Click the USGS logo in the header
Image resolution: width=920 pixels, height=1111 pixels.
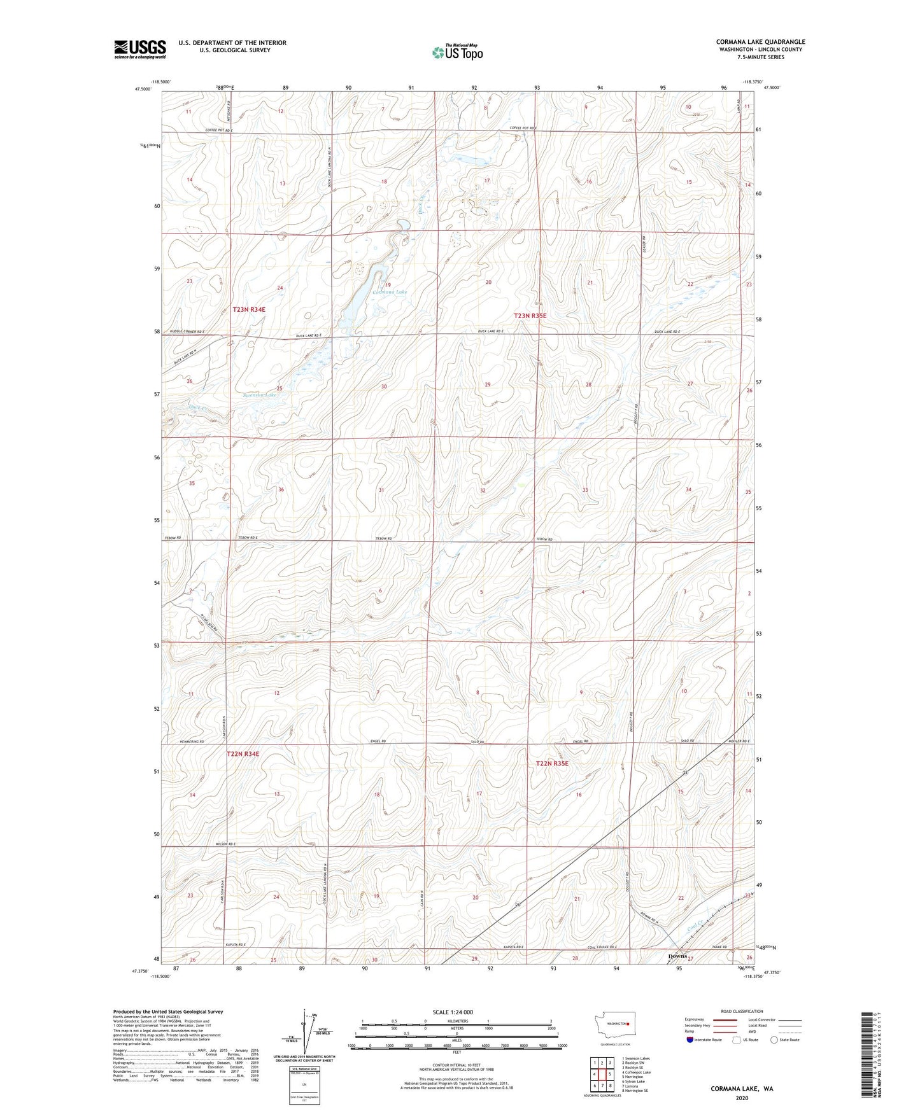point(139,49)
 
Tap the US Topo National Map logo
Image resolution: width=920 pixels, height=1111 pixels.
point(457,52)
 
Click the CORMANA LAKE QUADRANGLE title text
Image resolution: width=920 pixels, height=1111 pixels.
point(760,42)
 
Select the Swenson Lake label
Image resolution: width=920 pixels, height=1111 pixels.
point(260,395)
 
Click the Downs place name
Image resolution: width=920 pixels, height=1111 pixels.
point(677,956)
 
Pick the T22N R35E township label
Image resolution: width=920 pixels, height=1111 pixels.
point(551,763)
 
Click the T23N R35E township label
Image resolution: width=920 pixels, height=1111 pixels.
point(530,316)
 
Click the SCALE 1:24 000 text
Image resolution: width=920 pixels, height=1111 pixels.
point(453,1012)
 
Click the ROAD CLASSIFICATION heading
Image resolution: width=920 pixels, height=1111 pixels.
point(742,1011)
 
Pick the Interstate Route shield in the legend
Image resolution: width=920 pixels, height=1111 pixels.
point(690,1040)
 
